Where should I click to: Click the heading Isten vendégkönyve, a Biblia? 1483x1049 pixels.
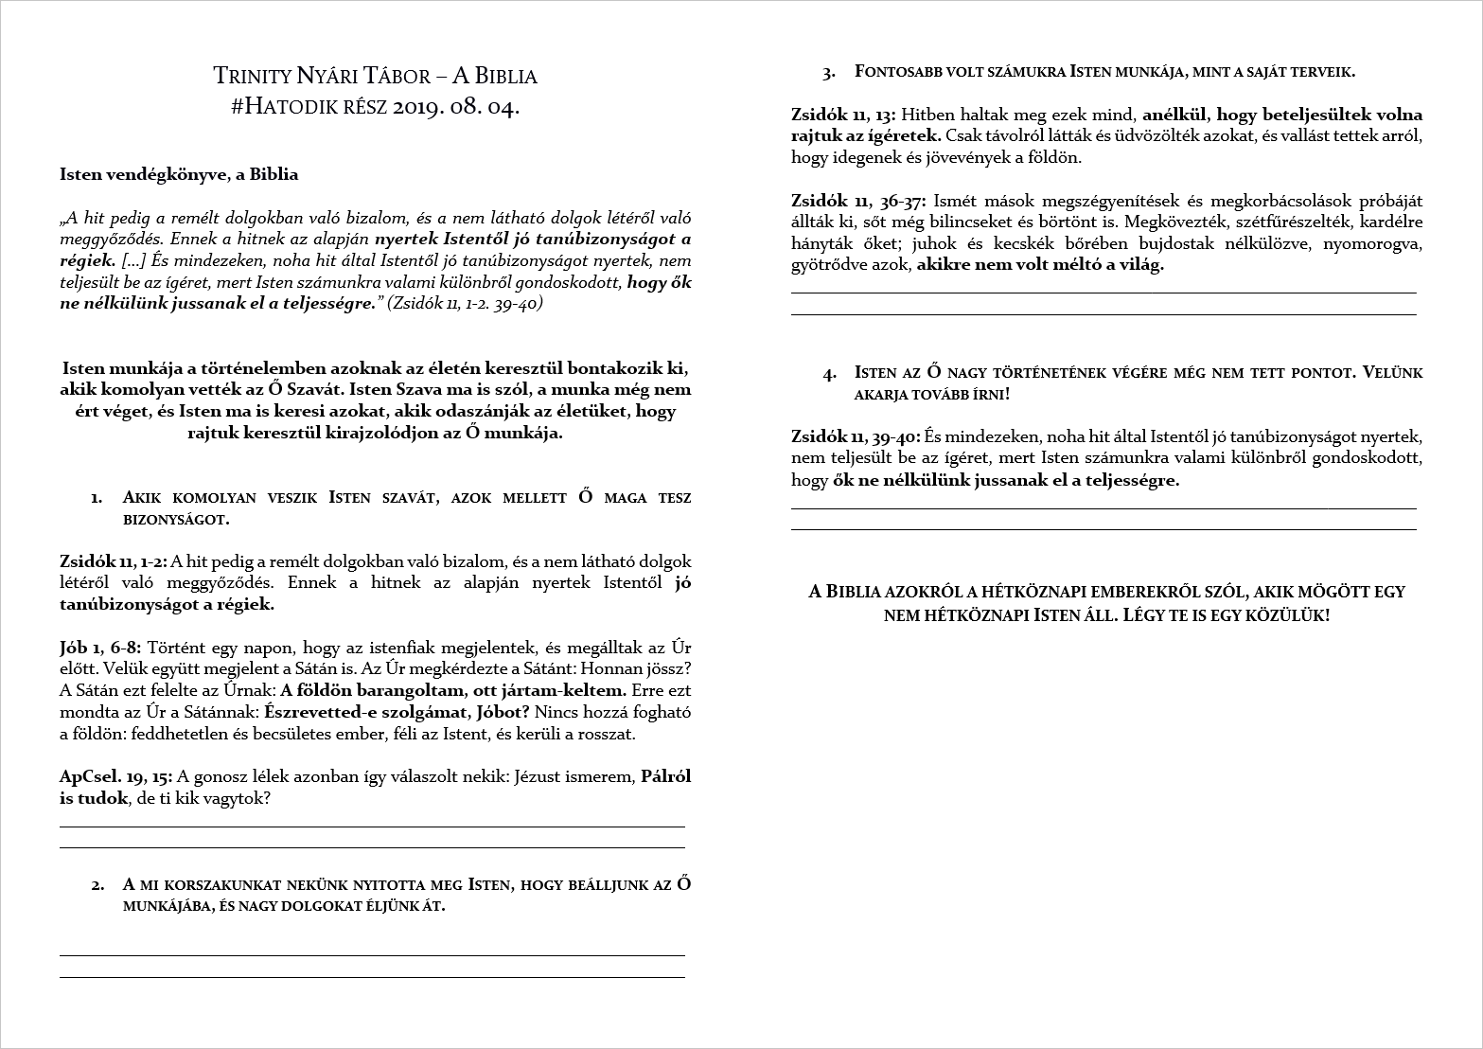coord(179,174)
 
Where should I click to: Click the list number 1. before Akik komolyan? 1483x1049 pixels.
coord(97,498)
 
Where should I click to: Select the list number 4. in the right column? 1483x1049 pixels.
coord(830,374)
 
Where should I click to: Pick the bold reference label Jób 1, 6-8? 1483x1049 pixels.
coord(100,648)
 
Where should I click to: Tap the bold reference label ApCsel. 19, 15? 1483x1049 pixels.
coord(115,777)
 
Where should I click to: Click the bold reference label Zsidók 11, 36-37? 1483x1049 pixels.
coord(858,201)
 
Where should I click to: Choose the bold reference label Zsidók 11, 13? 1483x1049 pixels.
coord(843,115)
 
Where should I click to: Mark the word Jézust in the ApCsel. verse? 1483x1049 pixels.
coord(538,777)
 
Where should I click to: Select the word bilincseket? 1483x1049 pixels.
coord(983,222)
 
